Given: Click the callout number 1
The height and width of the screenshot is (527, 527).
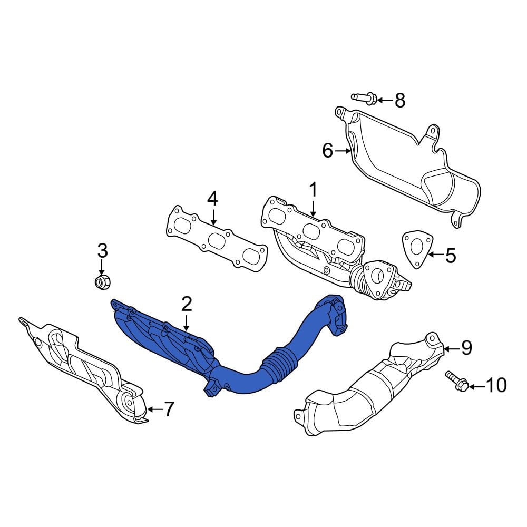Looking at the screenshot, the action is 313,190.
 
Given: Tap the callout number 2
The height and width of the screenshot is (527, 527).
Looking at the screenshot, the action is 187,304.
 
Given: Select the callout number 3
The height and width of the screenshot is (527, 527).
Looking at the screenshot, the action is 103,250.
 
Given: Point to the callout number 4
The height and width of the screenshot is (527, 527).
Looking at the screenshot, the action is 212,199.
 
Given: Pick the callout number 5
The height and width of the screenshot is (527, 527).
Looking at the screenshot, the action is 451,256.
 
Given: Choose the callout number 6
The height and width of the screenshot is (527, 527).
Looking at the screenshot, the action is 327,151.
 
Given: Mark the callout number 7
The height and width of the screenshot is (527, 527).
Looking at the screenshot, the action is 169,409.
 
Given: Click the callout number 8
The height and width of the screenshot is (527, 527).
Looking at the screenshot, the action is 400,100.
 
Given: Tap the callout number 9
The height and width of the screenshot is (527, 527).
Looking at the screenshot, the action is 466,348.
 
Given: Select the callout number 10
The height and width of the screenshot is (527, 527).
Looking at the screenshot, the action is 496,385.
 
